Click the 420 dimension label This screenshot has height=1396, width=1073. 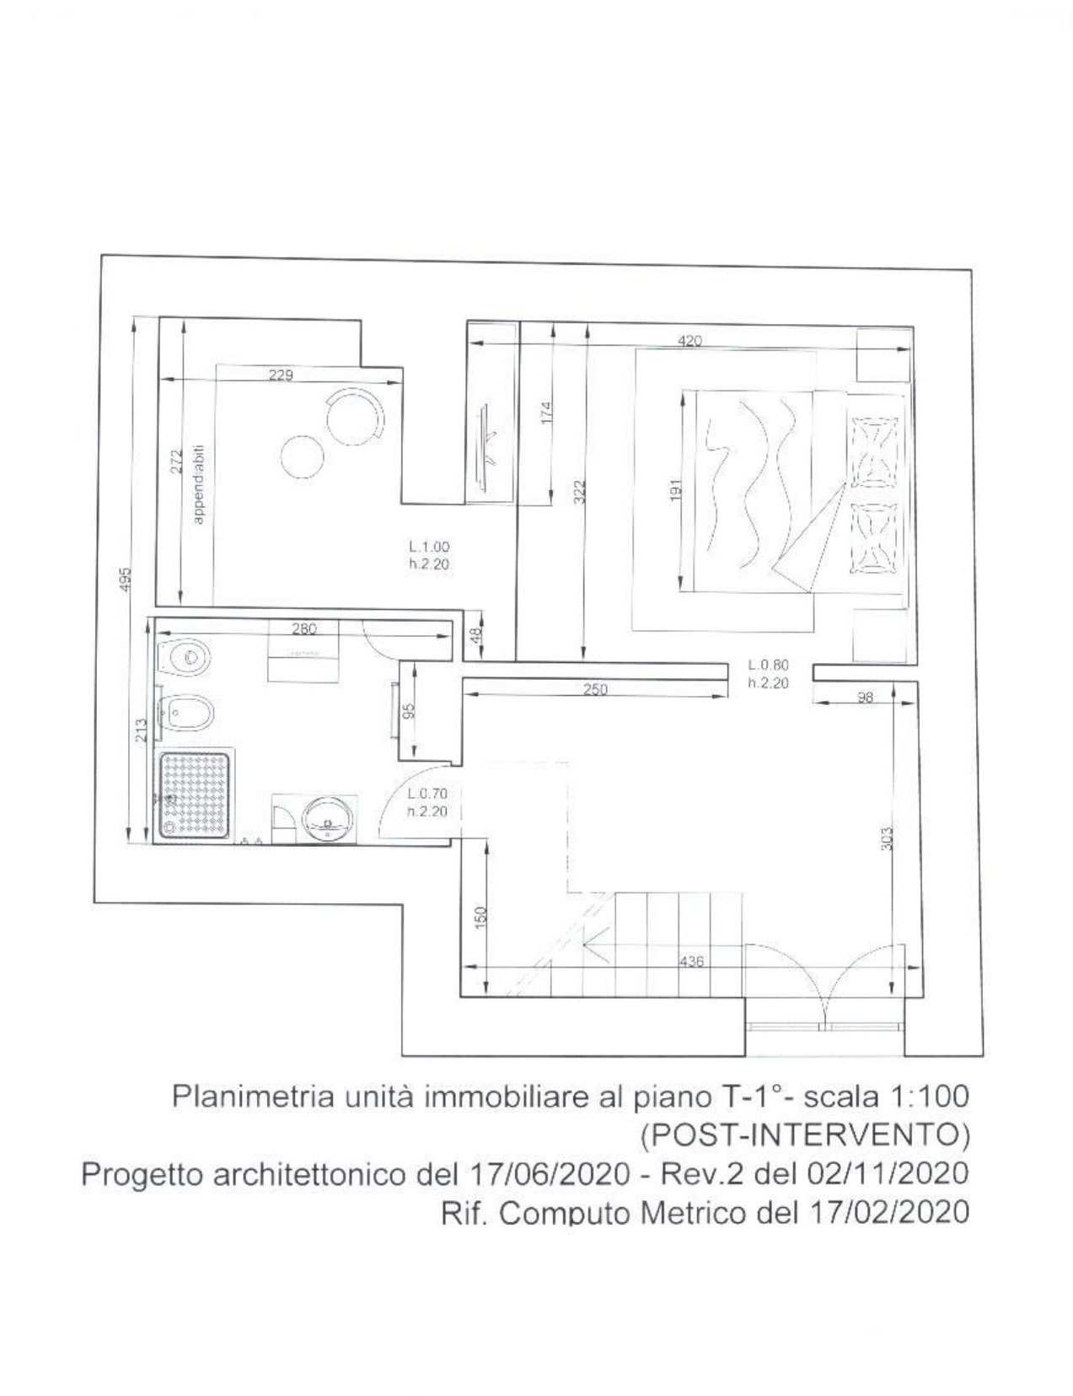click(689, 341)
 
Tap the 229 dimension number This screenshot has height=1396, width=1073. click(281, 375)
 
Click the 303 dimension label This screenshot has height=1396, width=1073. click(886, 838)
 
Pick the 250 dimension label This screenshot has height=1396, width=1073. click(595, 689)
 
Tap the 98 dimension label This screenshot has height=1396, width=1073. click(865, 697)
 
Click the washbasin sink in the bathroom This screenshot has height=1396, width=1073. click(327, 818)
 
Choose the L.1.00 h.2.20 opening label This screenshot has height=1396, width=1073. click(429, 556)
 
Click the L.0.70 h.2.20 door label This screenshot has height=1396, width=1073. click(427, 802)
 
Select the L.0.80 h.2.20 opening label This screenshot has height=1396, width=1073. click(768, 674)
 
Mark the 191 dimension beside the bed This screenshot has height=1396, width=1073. click(674, 492)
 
